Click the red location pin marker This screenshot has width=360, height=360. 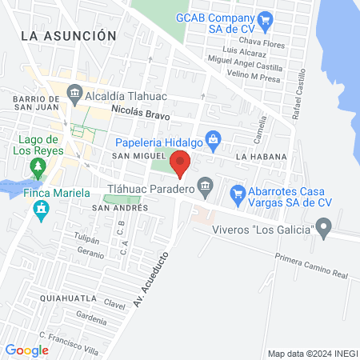pyautogui.click(x=180, y=162)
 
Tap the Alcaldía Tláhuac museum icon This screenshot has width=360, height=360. pyautogui.click(x=74, y=93)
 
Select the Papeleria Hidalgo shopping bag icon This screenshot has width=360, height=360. pyautogui.click(x=213, y=141)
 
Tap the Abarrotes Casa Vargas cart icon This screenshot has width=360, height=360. pyautogui.click(x=238, y=193)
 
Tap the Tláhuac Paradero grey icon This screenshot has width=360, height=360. pyautogui.click(x=206, y=186)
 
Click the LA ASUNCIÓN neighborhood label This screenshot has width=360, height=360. pyautogui.click(x=69, y=35)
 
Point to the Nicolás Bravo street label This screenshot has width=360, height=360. pyautogui.click(x=142, y=114)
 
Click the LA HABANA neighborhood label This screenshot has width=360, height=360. pyautogui.click(x=255, y=158)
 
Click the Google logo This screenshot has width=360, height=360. pyautogui.click(x=26, y=350)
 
